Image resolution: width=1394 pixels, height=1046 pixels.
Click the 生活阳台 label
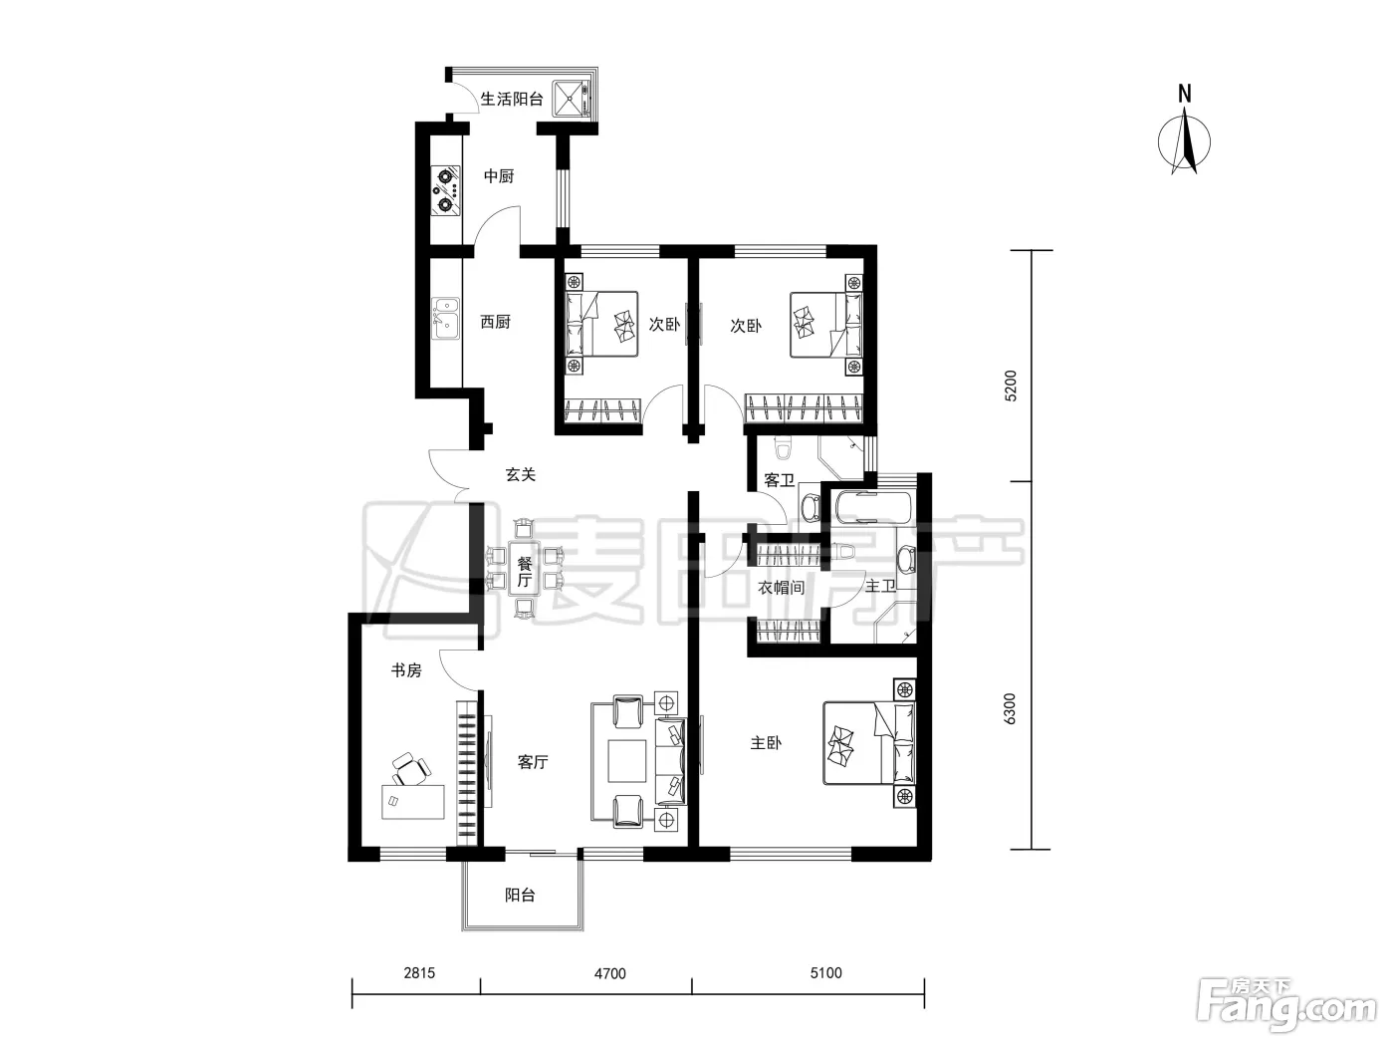pos(512,99)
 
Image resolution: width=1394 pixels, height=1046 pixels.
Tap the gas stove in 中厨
pos(446,189)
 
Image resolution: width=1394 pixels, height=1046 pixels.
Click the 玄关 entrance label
pos(520,474)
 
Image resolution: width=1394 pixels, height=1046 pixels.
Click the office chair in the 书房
pos(410,768)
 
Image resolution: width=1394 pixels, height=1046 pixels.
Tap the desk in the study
pos(413,802)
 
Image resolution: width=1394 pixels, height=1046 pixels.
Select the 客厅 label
pos(532,761)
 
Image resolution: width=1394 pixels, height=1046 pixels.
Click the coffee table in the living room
pos(627,761)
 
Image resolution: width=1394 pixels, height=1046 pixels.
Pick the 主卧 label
pos(766,742)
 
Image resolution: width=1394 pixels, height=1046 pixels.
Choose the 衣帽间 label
pos(781,588)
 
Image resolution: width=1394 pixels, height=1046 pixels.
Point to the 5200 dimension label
pos(1010,386)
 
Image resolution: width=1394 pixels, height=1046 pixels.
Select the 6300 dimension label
pos(1010,708)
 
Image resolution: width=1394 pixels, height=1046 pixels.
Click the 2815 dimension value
pos(419,973)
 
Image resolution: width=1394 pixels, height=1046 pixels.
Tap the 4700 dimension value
pos(609,973)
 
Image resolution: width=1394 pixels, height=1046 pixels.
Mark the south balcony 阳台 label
pos(520,895)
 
